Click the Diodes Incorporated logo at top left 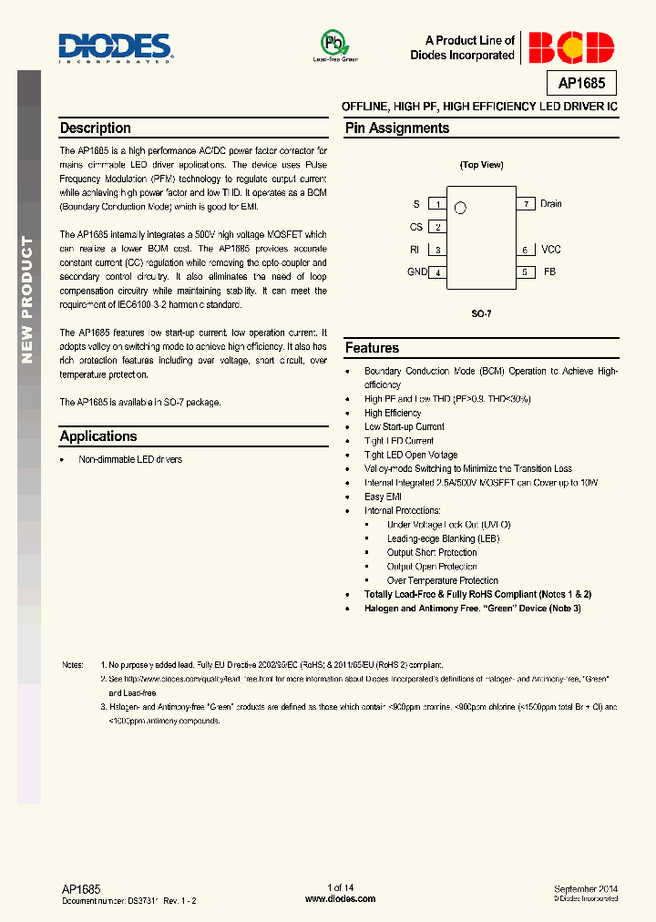[116, 46]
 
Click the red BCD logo [571, 47]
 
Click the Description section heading [96, 128]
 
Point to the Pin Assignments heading [396, 128]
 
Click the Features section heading [372, 348]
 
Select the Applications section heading [98, 436]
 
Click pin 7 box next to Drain [525, 204]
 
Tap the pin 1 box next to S [438, 205]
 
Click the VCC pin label [551, 250]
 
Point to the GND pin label [416, 272]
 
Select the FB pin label [549, 272]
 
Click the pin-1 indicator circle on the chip [460, 208]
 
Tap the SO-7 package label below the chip [481, 312]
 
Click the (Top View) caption [481, 165]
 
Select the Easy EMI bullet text [383, 497]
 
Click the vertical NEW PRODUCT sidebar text [27, 287]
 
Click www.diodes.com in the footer [340, 898]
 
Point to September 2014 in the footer [586, 888]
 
